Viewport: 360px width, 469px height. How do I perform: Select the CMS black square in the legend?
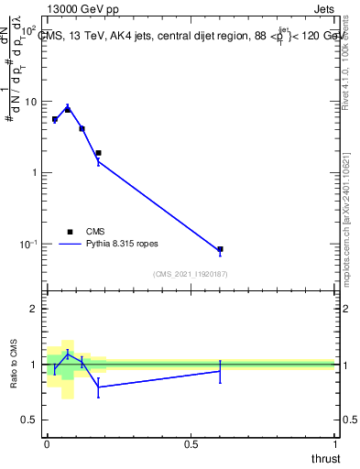(x=70, y=232)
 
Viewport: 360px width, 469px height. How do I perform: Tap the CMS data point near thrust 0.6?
(x=220, y=249)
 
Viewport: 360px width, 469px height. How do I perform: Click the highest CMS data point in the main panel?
(x=68, y=109)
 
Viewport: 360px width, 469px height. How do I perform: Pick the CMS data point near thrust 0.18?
(x=98, y=153)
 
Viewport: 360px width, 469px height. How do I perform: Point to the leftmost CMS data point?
(x=55, y=119)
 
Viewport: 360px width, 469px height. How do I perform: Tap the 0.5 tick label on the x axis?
(x=191, y=444)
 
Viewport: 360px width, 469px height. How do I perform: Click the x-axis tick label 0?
(x=47, y=444)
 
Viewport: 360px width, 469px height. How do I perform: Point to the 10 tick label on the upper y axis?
(x=30, y=102)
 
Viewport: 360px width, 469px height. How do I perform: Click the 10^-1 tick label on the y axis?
(x=28, y=245)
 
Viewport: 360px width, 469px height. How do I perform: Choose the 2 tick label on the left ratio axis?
(x=36, y=309)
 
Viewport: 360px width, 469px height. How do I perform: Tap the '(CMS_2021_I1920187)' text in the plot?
(x=190, y=273)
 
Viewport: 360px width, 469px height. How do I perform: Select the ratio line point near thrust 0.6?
(x=220, y=370)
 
